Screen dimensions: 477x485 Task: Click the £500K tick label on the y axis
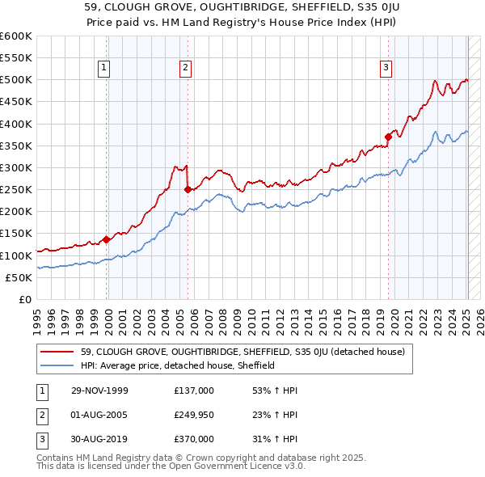[16, 80]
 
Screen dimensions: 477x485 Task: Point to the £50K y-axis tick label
[19, 277]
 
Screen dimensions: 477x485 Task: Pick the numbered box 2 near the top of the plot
[186, 68]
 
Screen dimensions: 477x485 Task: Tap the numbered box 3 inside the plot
[386, 68]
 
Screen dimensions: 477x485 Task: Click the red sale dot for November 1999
[107, 239]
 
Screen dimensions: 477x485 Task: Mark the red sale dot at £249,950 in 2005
[188, 189]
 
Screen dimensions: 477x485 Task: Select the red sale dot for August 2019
[388, 137]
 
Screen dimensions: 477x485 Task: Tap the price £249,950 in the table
[194, 415]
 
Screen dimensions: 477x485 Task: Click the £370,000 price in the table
[194, 439]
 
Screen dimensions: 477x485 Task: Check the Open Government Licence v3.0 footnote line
[170, 466]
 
